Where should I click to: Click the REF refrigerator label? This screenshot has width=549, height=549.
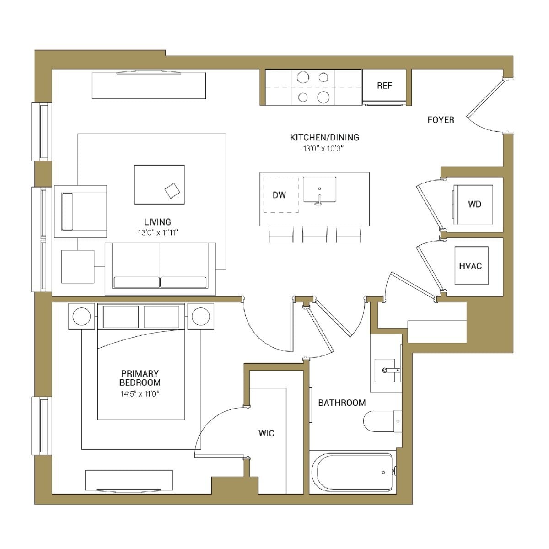coord(384,86)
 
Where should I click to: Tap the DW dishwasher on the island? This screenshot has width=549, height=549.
coord(280,195)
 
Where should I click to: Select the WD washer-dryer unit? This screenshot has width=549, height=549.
coord(474,205)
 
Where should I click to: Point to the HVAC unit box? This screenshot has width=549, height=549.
coord(471,266)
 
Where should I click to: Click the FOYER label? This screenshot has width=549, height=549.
coord(441,120)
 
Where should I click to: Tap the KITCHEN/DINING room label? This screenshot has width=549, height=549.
coord(324,137)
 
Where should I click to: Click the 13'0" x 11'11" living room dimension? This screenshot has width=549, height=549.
coord(158,232)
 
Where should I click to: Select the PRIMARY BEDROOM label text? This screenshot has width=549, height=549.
coord(140,378)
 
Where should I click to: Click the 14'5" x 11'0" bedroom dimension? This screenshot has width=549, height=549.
coord(140,393)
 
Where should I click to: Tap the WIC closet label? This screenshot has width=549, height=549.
coord(266,433)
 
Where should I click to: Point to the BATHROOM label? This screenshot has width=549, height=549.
coord(342,403)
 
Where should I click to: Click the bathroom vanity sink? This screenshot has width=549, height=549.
coord(387,370)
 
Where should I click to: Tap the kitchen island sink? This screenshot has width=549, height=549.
coord(319,190)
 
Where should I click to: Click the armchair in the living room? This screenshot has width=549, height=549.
coord(81,211)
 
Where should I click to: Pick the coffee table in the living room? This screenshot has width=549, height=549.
coord(159,184)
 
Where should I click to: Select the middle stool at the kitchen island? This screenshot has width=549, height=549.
coord(315,234)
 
